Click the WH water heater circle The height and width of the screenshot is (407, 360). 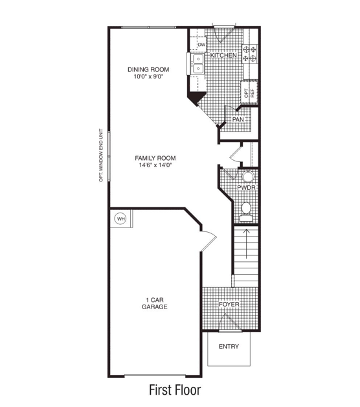tap(121, 219)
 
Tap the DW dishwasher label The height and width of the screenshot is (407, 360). tap(201, 45)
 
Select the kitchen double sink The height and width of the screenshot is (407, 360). tap(198, 64)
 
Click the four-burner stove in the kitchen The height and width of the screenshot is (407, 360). tap(249, 54)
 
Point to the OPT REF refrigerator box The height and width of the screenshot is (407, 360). tap(249, 93)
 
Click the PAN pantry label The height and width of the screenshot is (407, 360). tap(238, 120)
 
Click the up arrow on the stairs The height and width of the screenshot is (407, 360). tap(246, 244)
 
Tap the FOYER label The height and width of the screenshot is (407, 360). tap(229, 304)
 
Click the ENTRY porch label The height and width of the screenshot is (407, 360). tap(229, 347)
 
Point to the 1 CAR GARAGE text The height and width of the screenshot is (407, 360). tap(155, 303)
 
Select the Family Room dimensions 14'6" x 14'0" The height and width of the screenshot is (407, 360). tap(155, 165)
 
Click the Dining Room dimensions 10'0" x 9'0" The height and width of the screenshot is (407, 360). tap(148, 76)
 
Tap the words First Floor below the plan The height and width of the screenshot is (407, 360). tap(175, 390)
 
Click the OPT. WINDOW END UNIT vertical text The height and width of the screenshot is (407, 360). tap(101, 156)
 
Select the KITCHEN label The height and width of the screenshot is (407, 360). tap(223, 55)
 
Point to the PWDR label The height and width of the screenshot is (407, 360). tap(246, 187)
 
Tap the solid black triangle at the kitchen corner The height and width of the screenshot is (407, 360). tap(196, 97)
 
